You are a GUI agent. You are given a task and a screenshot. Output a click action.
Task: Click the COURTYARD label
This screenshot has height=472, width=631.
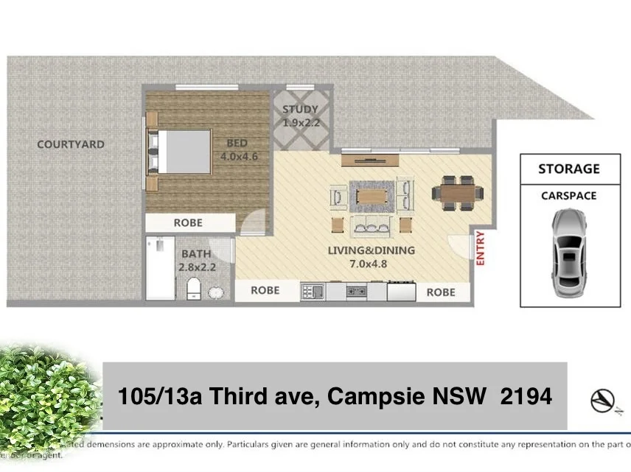71,144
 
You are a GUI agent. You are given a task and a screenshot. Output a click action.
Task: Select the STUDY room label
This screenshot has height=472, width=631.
301,110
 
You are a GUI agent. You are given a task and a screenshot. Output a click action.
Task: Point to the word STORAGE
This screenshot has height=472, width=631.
568,169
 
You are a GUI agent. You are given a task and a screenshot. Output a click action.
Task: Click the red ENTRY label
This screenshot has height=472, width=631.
481,249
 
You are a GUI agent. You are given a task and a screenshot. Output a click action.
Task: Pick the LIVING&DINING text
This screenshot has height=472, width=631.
371,250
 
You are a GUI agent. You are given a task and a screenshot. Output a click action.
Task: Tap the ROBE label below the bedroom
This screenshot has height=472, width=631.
188,222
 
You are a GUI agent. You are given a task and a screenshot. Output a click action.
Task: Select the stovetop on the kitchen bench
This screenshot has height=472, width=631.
356,292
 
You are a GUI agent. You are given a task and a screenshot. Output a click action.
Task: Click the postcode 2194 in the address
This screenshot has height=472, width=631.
526,397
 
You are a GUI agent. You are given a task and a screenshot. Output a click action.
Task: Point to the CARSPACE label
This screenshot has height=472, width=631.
568,196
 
